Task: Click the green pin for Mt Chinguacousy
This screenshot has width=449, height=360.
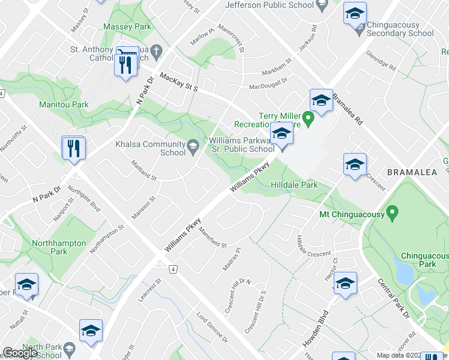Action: (x=393, y=212)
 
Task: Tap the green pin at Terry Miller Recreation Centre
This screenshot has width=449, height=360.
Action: (x=309, y=120)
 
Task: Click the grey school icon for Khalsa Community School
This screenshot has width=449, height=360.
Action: (x=193, y=145)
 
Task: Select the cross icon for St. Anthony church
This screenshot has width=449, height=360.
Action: (x=155, y=52)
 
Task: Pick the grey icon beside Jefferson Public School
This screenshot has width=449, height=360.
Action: (x=322, y=5)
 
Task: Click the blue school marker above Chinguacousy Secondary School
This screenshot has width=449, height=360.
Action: (x=355, y=13)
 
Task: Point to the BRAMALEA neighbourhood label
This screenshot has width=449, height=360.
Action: (x=414, y=172)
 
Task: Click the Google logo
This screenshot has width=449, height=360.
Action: (x=20, y=353)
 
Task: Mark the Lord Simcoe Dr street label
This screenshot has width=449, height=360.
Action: (x=214, y=328)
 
